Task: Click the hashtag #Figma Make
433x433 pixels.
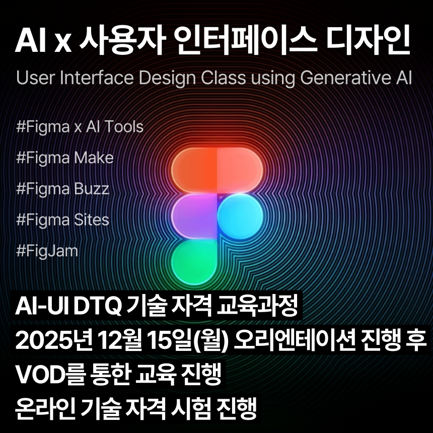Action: pyautogui.click(x=65, y=158)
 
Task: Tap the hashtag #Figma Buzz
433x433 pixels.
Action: pyautogui.click(x=62, y=189)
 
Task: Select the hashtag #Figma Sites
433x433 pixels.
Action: pyautogui.click(x=62, y=220)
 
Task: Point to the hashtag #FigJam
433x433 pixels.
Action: pyautogui.click(x=47, y=250)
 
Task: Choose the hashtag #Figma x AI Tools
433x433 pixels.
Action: pyautogui.click(x=80, y=126)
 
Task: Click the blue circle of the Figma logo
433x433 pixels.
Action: pyautogui.click(x=240, y=217)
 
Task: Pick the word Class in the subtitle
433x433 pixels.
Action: pyautogui.click(x=223, y=79)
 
